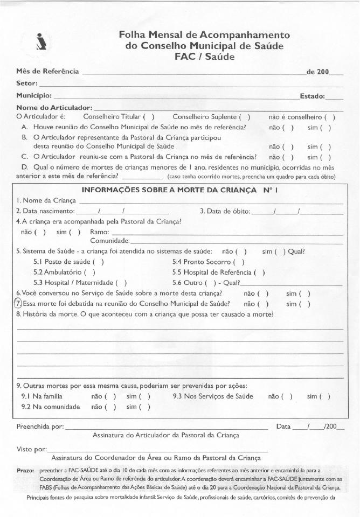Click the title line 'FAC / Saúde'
(204, 57)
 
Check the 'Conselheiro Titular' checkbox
(149, 117)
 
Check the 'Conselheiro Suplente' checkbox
(245, 117)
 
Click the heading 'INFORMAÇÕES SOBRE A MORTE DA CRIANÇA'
(166, 190)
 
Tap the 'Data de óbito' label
(225, 211)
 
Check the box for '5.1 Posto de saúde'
(99, 262)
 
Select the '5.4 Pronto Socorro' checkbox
(239, 262)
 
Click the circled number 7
(18, 303)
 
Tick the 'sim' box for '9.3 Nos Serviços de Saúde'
(325, 396)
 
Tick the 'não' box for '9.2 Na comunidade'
(111, 407)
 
